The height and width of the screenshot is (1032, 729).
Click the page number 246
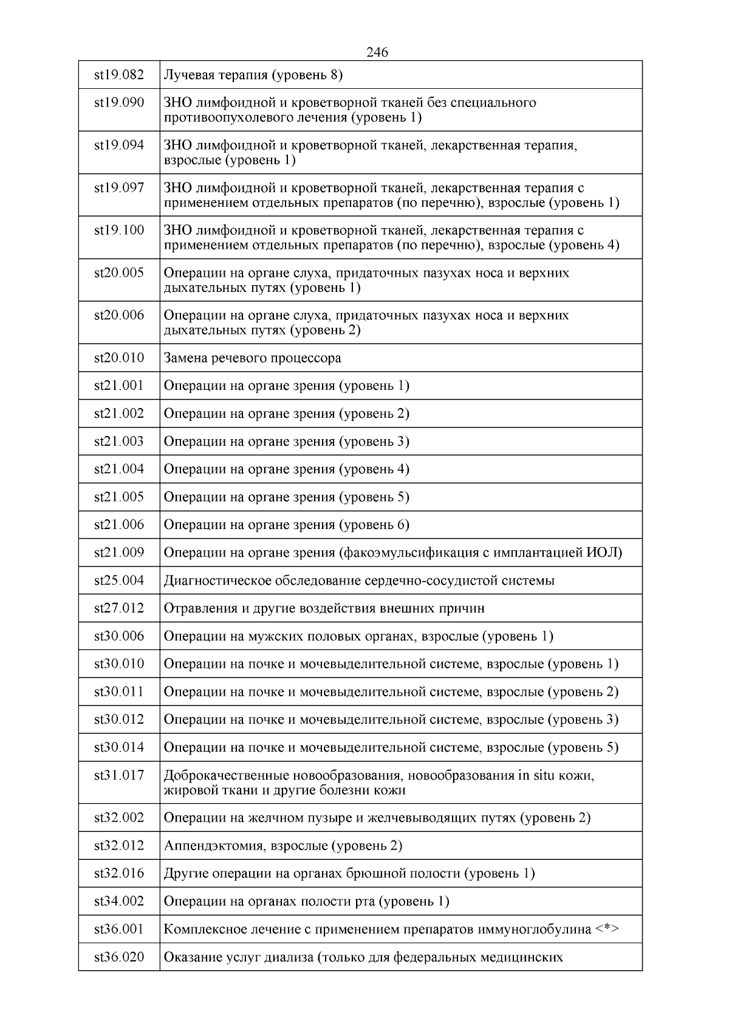(377, 52)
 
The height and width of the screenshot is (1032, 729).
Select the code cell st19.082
(119, 75)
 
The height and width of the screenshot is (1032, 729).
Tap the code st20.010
(119, 358)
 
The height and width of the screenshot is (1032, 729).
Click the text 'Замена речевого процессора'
(253, 358)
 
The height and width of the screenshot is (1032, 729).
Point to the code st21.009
(119, 552)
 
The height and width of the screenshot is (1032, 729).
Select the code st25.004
(119, 580)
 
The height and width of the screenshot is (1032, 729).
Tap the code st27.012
(119, 608)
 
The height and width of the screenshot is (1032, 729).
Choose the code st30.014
(119, 747)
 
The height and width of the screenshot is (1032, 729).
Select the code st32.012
(119, 845)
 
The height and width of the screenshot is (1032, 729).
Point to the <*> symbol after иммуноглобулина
(607, 929)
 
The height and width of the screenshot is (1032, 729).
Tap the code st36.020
(119, 957)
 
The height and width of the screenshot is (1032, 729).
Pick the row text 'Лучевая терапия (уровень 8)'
(253, 75)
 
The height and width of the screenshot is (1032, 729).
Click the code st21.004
(119, 469)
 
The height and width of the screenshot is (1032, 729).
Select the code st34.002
(119, 901)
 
